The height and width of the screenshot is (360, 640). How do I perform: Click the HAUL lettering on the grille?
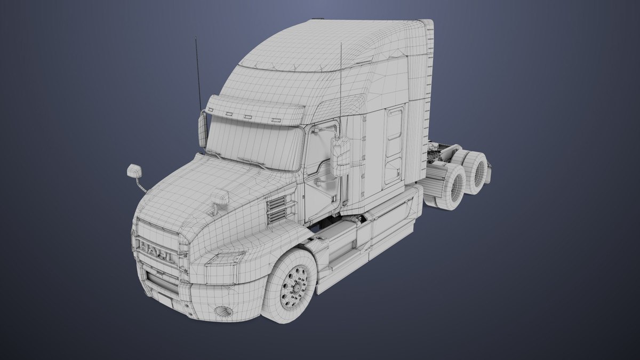point(156,251)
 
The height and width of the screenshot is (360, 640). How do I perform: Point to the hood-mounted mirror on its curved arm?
point(134,171)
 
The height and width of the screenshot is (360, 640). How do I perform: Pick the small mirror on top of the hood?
point(220,198)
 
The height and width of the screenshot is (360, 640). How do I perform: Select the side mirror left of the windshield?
point(203,130)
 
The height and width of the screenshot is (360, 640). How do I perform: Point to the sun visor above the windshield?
point(253,109)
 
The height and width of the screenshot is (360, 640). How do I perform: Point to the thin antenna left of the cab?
point(198,69)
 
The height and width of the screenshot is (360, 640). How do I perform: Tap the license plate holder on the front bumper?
point(165,299)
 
